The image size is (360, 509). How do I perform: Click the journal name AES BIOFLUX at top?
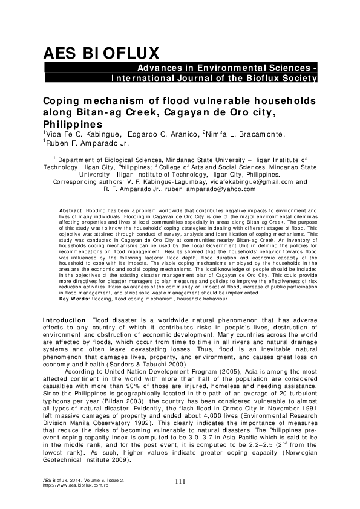coord(100,52)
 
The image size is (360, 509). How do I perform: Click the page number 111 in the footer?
coord(180,482)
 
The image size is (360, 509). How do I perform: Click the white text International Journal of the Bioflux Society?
coord(214,79)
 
